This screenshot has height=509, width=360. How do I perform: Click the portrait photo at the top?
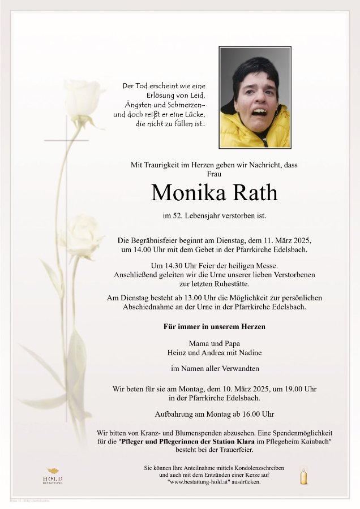click(255, 98)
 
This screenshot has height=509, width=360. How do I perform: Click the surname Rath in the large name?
click(251, 193)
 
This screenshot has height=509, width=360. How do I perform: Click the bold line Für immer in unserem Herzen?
click(215, 326)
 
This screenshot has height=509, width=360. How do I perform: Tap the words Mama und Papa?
click(215, 343)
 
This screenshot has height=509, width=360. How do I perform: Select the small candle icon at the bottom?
click(305, 476)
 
